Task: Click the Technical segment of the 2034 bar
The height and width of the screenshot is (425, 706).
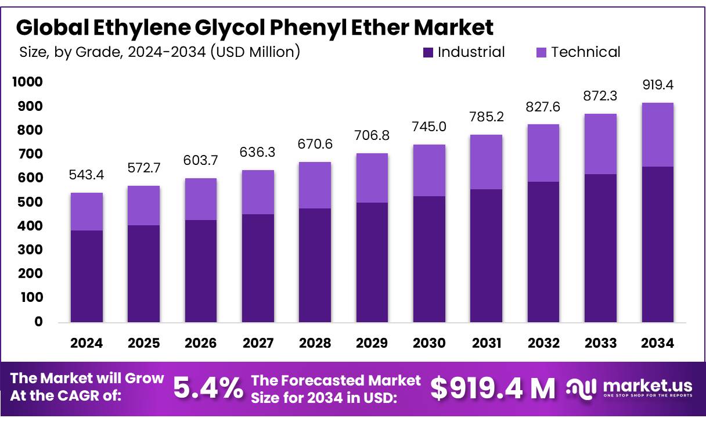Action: coord(657,135)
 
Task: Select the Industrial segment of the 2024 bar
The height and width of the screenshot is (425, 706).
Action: coord(87,276)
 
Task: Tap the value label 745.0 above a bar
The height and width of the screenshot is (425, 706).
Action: coord(429,127)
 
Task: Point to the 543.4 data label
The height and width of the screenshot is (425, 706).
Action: coord(87,175)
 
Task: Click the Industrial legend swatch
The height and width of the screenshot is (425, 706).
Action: coord(428,53)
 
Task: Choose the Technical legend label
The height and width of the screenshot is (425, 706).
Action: coord(585,52)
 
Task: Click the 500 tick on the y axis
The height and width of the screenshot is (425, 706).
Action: coord(30,202)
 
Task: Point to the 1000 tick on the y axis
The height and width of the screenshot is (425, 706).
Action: coord(27,82)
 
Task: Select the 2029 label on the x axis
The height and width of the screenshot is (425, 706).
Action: coord(372,343)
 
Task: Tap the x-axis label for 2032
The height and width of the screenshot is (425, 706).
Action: coord(543,343)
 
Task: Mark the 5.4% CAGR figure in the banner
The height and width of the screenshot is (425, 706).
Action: coord(208,388)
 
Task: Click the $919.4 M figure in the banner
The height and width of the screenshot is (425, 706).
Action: coord(493,388)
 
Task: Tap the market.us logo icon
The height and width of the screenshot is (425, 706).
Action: coord(582,387)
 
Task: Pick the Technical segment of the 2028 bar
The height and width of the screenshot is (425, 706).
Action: coord(315,185)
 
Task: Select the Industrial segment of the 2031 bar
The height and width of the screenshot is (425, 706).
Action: coord(486,255)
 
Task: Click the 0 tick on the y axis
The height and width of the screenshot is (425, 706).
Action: coord(38,322)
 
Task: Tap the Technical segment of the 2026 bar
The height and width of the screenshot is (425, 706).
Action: coord(200,199)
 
